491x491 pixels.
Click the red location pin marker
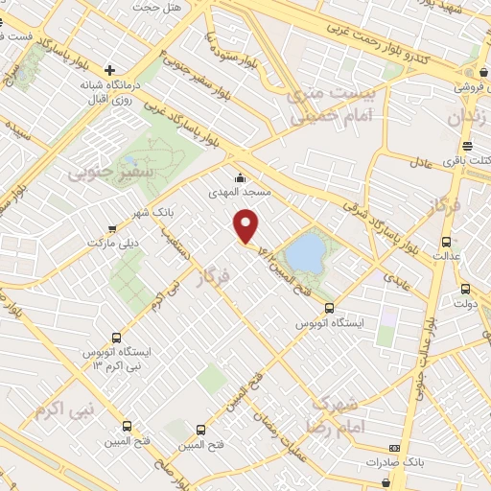coord(247,226)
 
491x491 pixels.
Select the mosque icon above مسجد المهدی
coord(240,177)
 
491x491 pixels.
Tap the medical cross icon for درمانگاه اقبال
coord(111,70)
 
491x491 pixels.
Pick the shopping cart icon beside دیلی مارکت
coord(114,228)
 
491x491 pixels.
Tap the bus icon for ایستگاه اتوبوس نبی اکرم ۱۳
coord(116,338)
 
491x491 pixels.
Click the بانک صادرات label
coord(394,463)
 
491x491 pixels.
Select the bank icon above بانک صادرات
coord(394,448)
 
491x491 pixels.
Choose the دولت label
coord(466,304)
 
